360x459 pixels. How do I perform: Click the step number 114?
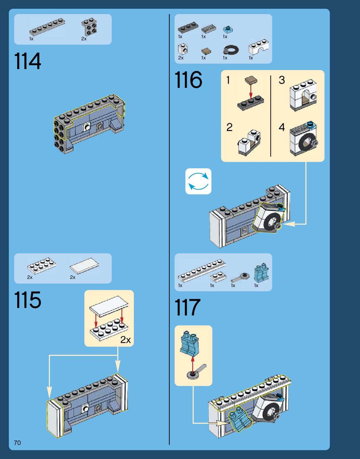28,61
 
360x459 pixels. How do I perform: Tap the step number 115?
28,300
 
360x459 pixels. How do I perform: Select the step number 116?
188,80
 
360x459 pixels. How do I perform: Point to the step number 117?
187,307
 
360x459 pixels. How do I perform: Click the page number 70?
17,443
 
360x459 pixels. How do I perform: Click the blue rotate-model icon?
198,181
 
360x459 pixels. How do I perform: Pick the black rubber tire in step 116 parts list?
231,50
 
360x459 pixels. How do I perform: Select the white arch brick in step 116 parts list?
259,47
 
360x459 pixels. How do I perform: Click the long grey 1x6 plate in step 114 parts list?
47,27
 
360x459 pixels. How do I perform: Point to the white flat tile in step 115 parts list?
84,266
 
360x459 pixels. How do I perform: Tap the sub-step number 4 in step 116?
281,127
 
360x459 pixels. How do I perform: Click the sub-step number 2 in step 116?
230,127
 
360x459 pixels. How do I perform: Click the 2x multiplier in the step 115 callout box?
125,340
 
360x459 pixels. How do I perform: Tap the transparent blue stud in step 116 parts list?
228,29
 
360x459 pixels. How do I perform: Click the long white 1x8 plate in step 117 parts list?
202,270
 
